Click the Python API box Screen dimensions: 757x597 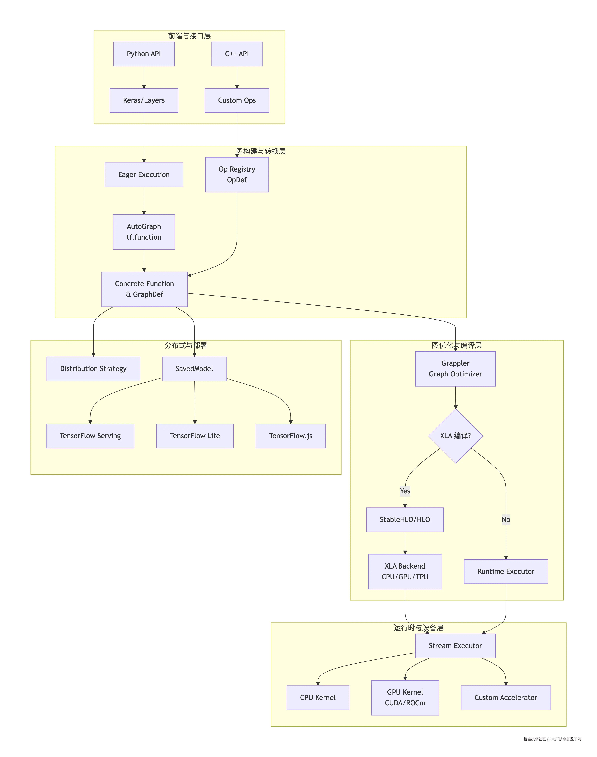tap(144, 54)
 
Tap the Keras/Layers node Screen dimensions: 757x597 tap(144, 100)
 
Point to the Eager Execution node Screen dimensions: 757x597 tap(144, 174)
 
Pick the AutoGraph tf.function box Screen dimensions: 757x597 tap(144, 232)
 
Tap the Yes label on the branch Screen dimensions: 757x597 tap(405, 491)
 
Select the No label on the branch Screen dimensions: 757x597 tap(506, 520)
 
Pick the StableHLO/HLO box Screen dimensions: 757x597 tap(405, 520)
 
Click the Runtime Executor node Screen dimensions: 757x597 tap(506, 571)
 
